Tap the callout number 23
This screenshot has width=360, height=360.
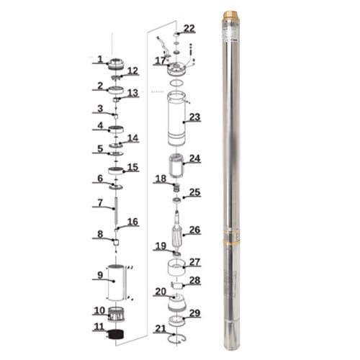pyautogui.click(x=194, y=117)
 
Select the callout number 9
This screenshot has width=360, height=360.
pyautogui.click(x=100, y=274)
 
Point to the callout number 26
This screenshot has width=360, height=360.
pyautogui.click(x=194, y=231)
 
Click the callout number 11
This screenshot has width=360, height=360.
pyautogui.click(x=99, y=327)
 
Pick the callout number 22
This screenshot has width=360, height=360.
pyautogui.click(x=189, y=29)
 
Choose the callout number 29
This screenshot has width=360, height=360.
pyautogui.click(x=194, y=314)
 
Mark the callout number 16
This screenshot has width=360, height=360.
pyautogui.click(x=132, y=222)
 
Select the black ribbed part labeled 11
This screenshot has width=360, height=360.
pyautogui.click(x=116, y=334)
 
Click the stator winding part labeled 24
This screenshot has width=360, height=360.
pyautogui.click(x=176, y=167)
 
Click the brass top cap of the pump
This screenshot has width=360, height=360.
pyautogui.click(x=233, y=15)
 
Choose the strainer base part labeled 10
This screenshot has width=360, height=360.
pyautogui.click(x=116, y=313)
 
